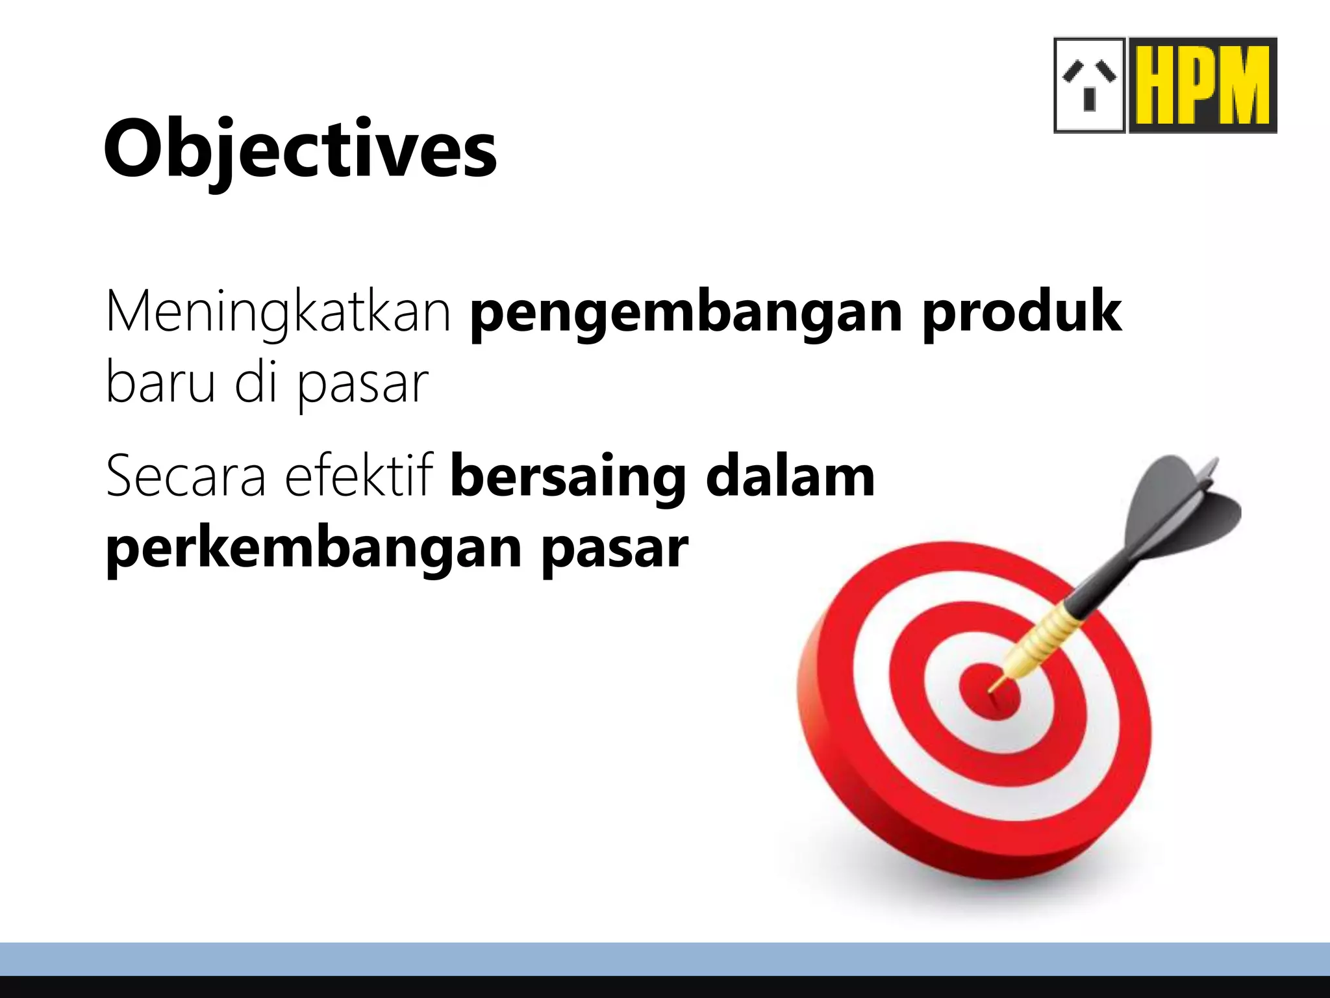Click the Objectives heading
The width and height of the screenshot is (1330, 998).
[x=300, y=149]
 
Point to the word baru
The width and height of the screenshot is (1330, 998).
[x=160, y=383]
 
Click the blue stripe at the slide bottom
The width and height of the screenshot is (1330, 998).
[x=665, y=958]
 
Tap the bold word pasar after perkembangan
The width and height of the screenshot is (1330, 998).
[x=614, y=549]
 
